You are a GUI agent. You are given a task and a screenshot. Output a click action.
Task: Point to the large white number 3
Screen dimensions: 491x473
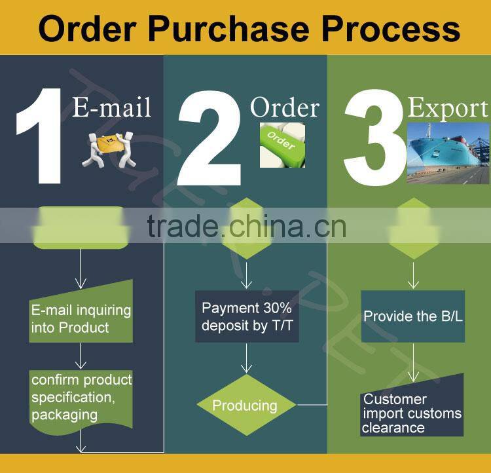[373, 138]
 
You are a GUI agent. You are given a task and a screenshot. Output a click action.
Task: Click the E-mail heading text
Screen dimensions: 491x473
[111, 107]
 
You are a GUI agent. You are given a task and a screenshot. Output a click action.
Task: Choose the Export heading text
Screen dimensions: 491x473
[448, 108]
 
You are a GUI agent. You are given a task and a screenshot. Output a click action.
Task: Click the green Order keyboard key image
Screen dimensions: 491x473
[282, 144]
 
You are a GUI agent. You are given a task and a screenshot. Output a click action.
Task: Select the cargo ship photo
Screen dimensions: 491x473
[448, 151]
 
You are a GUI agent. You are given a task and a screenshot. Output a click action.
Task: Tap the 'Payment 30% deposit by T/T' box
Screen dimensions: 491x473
[247, 316]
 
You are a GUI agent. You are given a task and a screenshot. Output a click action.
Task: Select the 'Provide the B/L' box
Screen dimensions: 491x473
[412, 316]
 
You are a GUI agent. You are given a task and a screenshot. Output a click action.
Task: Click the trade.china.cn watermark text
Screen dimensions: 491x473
[246, 227]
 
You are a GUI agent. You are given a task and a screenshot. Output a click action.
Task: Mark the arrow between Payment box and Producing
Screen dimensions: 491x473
[246, 358]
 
